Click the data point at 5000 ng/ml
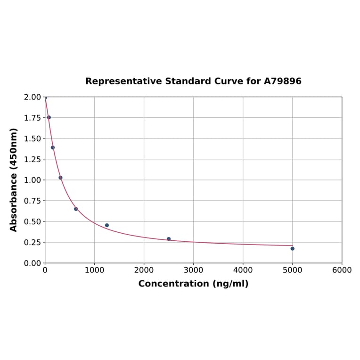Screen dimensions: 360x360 pos(292,248)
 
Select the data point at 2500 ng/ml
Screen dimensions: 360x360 pos(169,239)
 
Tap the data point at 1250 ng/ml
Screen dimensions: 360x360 pos(107,225)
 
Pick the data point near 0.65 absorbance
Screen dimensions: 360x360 pos(76,209)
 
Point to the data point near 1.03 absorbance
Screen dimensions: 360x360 pos(60,178)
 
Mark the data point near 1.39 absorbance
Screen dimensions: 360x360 pos(53,147)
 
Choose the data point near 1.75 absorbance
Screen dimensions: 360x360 pos(49,117)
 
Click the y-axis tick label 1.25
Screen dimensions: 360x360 pos(32,159)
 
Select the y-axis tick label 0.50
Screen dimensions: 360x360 pos(32,221)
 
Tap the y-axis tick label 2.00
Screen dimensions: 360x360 pos(32,97)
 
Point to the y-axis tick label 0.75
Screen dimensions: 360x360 pos(32,201)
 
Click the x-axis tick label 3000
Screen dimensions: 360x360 pos(193,270)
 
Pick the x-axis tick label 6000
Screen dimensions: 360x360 pos(342,270)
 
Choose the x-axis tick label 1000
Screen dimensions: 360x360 pos(94,270)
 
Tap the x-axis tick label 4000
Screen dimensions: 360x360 pos(243,270)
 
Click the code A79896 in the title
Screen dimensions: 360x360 pos(282,82)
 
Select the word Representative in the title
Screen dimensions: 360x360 pos(123,82)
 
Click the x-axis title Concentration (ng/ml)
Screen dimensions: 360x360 pos(193,284)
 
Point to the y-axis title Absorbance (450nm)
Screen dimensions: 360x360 pos(14,180)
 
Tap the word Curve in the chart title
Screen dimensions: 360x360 pos(229,82)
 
